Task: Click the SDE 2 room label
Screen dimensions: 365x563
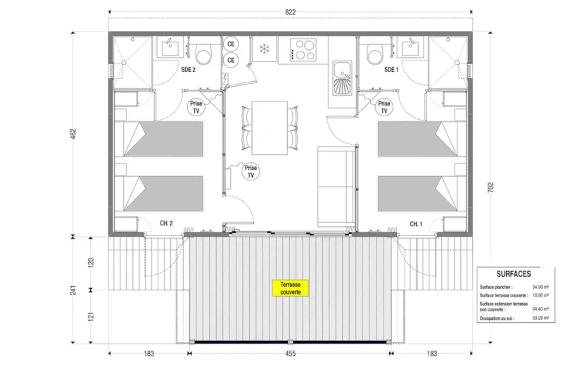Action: point(188,70)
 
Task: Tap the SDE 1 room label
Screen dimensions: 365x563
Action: point(391,70)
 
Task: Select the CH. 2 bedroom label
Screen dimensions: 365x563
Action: point(166,223)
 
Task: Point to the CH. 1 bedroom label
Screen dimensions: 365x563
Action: point(417,223)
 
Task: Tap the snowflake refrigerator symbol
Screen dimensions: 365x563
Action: point(265,49)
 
